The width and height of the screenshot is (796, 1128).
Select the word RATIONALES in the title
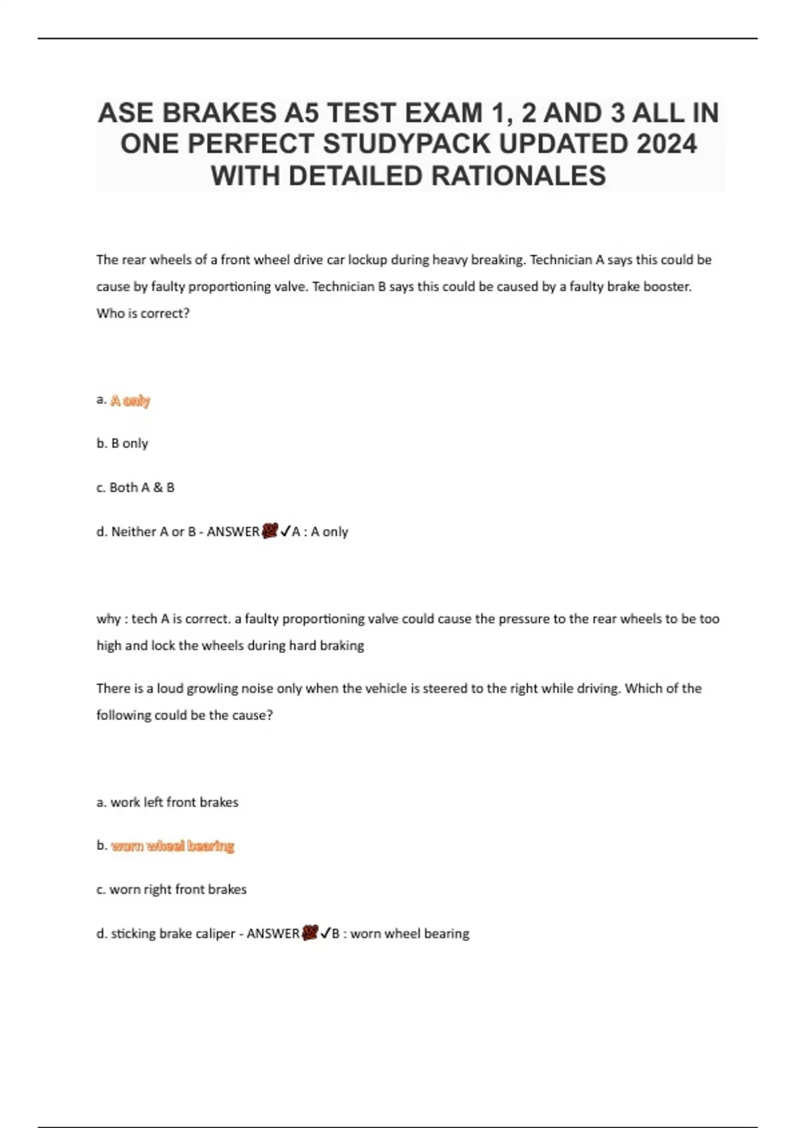point(519,176)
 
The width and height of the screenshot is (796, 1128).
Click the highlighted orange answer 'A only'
point(131,400)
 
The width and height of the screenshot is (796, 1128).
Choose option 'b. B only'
point(122,443)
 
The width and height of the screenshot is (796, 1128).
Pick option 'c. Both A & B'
point(135,488)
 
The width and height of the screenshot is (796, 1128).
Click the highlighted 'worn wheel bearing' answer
point(172,846)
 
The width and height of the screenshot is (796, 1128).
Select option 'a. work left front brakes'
point(167,802)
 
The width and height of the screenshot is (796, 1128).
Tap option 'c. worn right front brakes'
point(171,890)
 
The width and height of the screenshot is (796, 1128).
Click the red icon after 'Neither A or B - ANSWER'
point(270,531)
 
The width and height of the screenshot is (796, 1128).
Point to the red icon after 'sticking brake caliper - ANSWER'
point(310,933)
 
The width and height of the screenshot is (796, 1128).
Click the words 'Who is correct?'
point(143,313)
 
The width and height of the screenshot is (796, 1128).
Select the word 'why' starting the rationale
point(107,619)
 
